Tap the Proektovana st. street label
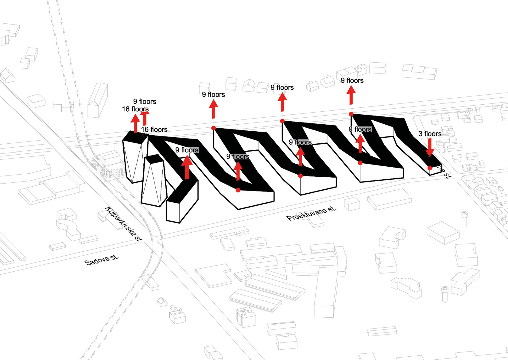tap(311, 213)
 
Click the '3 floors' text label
tap(430, 134)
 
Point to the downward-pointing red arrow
tap(430, 147)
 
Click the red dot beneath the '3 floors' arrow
tap(430, 168)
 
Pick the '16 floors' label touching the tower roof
tap(154, 129)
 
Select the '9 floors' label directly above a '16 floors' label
tap(145, 101)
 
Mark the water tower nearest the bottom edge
tap(444, 294)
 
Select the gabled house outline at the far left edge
tap(8, 76)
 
